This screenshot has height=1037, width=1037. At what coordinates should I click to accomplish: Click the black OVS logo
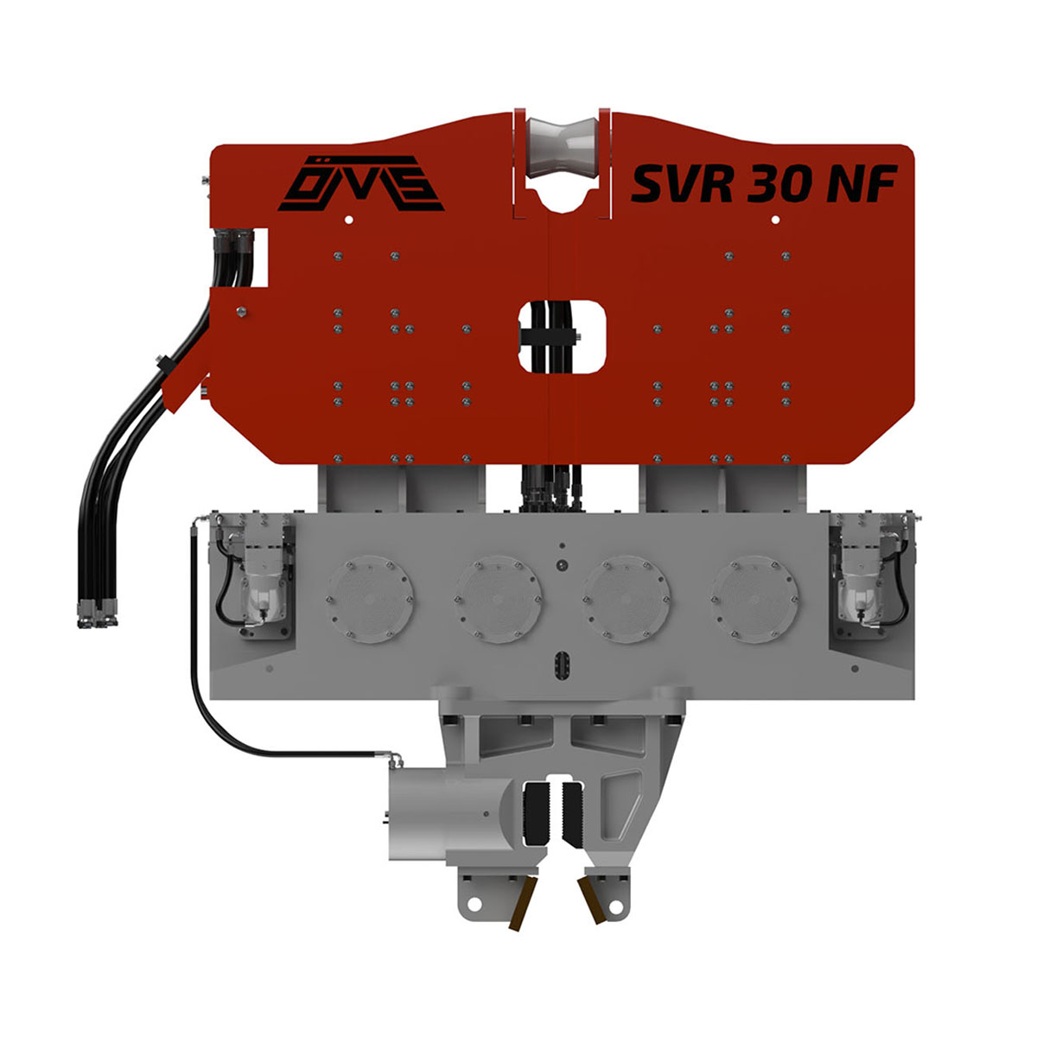pos(360,183)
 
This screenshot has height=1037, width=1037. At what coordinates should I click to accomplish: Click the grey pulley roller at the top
pos(563,147)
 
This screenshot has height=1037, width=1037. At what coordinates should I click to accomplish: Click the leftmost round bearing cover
pos(370,599)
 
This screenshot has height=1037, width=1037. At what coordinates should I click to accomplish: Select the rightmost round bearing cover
pos(754,599)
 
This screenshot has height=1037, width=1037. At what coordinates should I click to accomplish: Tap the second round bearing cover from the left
pos(498,599)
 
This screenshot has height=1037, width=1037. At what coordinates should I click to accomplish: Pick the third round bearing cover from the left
pos(627,599)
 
